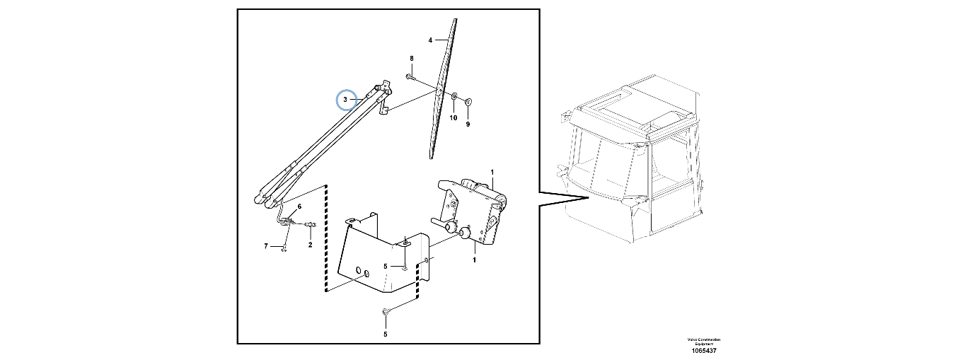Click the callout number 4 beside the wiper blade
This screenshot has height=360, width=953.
tap(430, 40)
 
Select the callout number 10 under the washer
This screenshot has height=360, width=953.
tap(454, 117)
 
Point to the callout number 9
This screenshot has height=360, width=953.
tap(468, 124)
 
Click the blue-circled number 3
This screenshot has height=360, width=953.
tap(345, 100)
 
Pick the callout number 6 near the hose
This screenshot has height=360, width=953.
tap(299, 206)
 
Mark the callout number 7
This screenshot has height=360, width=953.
tap(265, 246)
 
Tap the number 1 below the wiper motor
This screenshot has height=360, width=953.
tap(474, 260)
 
